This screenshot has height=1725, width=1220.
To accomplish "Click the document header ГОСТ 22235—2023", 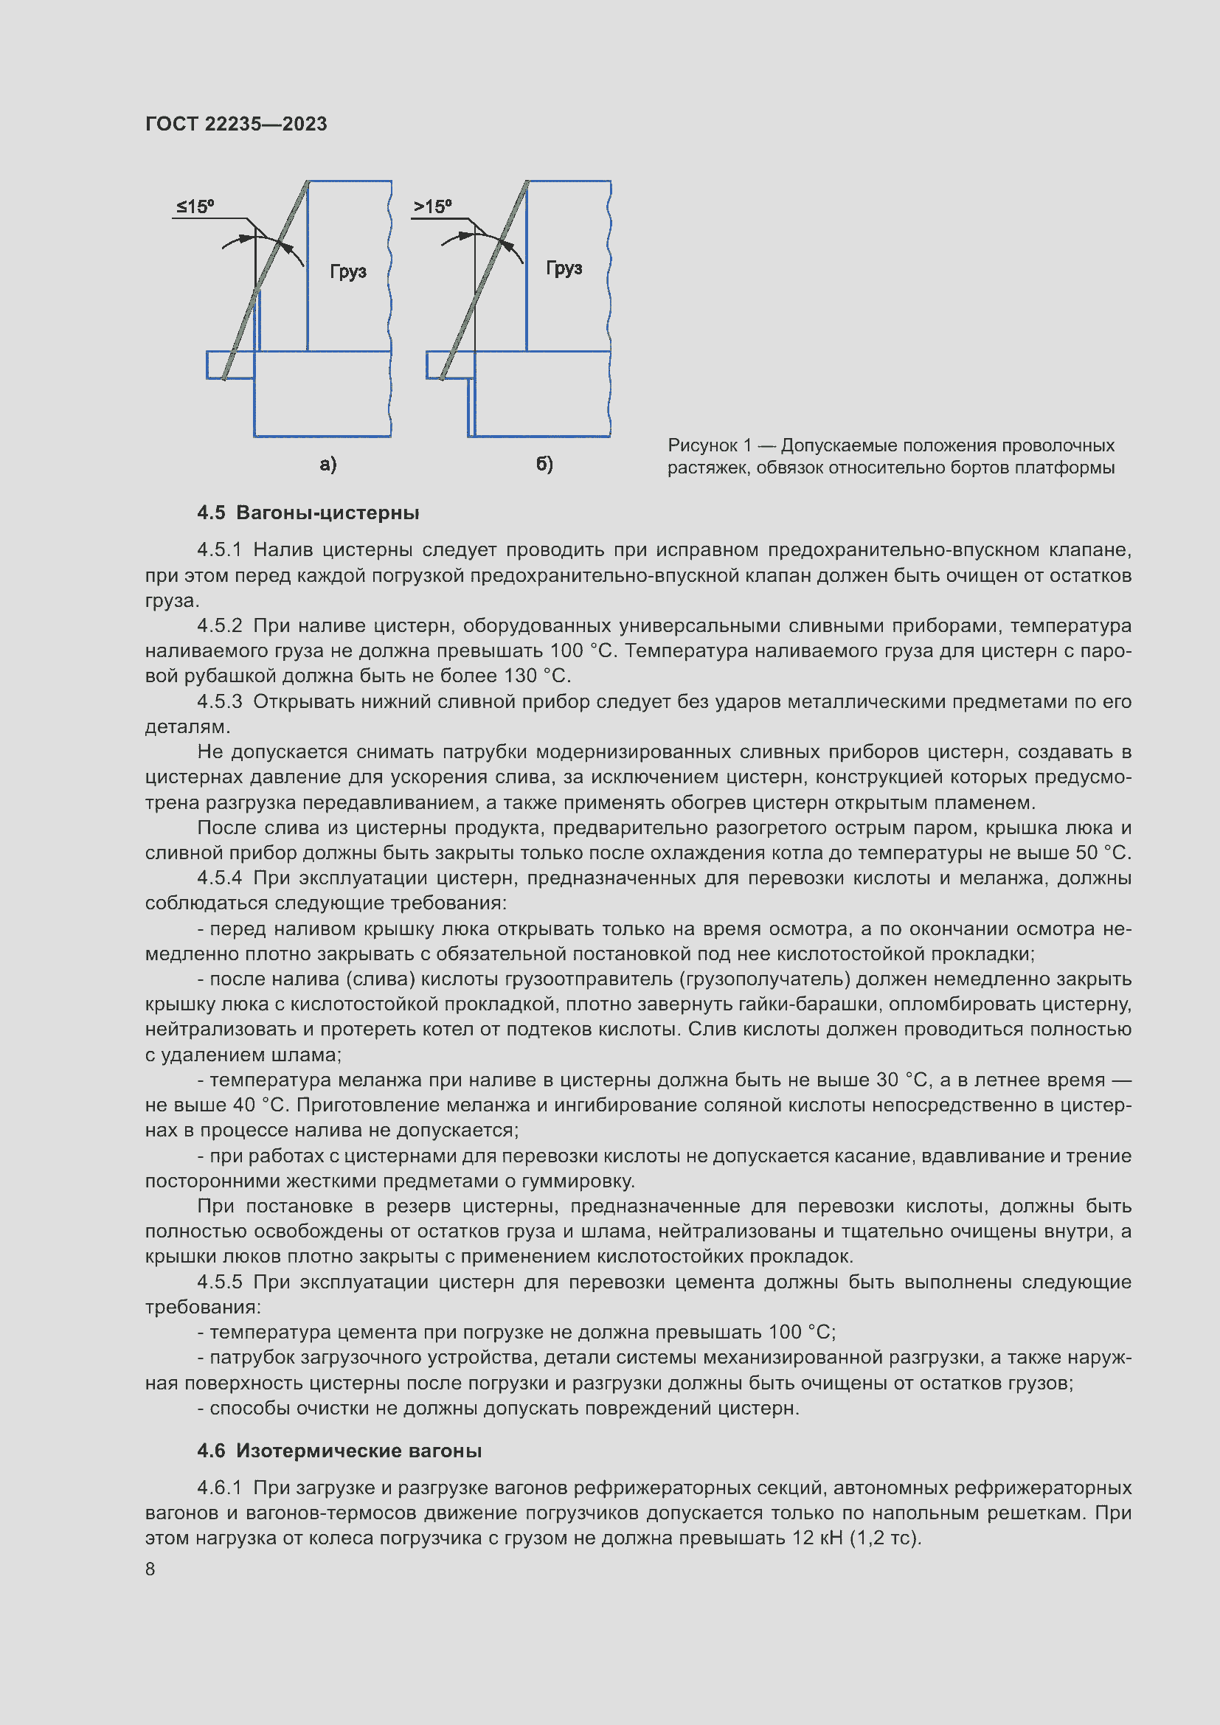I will [x=236, y=124].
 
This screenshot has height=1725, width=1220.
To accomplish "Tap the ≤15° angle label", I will [x=195, y=206].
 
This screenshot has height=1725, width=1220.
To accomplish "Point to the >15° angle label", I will [x=433, y=206].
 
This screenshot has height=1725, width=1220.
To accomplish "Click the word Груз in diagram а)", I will [x=348, y=271].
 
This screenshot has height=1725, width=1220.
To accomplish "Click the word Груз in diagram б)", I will [x=564, y=268].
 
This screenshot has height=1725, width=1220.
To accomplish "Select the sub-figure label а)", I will [x=328, y=465].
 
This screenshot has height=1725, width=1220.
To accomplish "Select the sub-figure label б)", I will [x=544, y=465].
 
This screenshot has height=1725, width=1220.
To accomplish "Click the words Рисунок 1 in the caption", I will [x=709, y=445].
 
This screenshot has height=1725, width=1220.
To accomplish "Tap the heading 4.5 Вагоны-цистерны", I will [x=308, y=513].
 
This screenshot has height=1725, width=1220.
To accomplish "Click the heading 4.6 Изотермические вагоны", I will [x=339, y=1450].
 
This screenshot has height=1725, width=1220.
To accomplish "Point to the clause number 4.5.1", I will [x=219, y=550].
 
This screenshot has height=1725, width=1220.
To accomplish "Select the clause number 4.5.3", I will [x=219, y=701].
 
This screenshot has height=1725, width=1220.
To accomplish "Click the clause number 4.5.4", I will [x=219, y=878].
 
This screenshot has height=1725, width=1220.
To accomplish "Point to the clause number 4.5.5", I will [x=219, y=1282].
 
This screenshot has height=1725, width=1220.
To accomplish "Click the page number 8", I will [x=150, y=1569].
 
